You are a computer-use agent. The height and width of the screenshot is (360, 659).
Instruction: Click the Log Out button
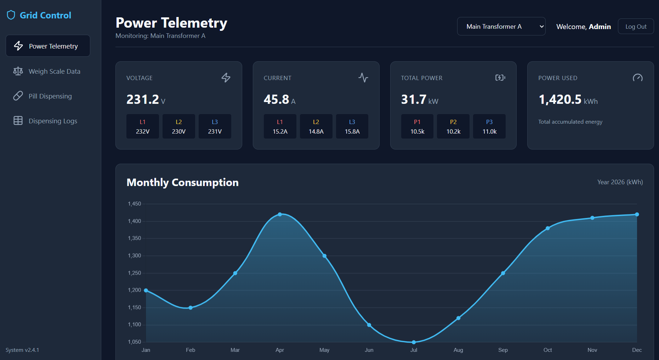[636, 27]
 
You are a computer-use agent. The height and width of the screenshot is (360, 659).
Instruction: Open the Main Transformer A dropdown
[501, 27]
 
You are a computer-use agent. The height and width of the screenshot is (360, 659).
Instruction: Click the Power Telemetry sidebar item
[48, 46]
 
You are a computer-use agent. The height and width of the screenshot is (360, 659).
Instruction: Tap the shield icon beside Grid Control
[11, 15]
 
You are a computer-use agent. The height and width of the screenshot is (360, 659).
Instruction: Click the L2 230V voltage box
[179, 126]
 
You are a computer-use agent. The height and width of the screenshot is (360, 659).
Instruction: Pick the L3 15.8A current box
[352, 126]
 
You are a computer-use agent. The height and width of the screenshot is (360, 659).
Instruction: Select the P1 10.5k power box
[417, 126]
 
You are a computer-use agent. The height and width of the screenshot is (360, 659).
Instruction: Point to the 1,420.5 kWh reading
[568, 100]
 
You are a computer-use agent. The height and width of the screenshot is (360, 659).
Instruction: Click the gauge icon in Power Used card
[638, 78]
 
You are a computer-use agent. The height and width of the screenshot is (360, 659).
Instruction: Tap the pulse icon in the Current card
[363, 78]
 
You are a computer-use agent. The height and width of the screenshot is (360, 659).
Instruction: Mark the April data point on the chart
[280, 214]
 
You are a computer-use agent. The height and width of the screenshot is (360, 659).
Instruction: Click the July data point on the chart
[414, 342]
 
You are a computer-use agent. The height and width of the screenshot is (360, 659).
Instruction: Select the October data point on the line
[547, 228]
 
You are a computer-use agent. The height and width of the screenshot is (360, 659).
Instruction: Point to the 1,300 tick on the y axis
[134, 255]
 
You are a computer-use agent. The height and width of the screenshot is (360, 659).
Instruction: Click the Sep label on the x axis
[503, 350]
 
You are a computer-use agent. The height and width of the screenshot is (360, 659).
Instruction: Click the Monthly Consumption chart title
[182, 182]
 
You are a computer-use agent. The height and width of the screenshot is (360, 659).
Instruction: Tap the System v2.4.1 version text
[22, 350]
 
